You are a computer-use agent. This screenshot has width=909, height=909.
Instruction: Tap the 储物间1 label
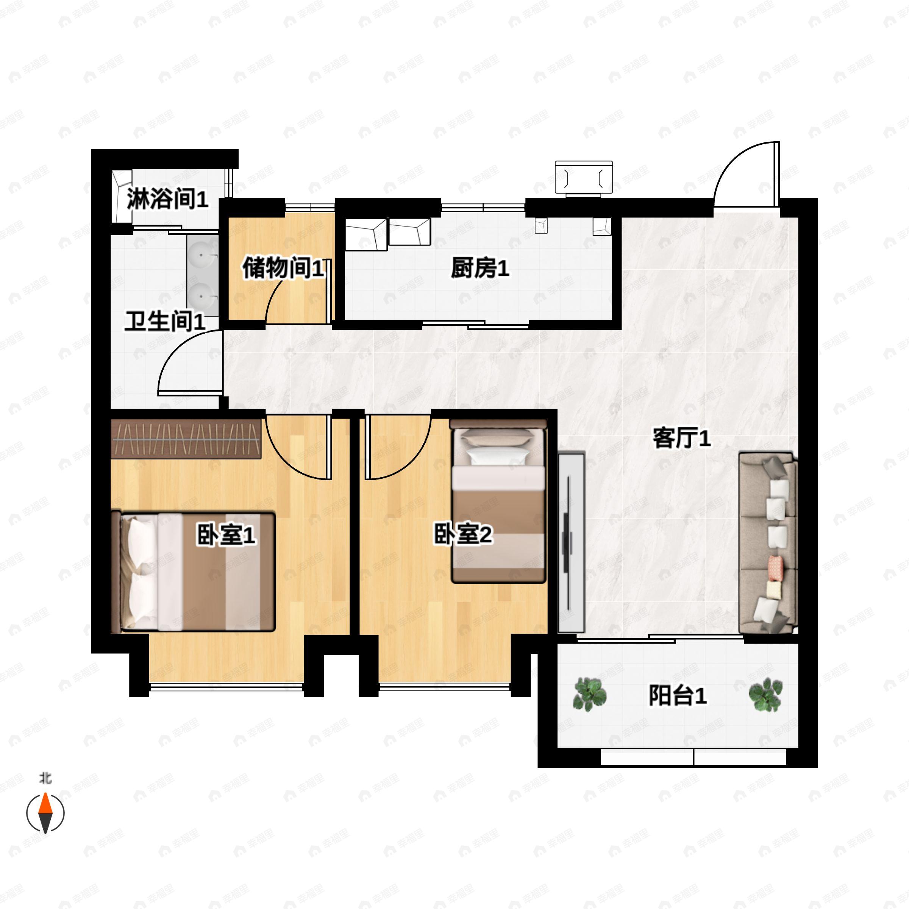283,268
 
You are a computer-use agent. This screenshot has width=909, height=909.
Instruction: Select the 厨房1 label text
480,268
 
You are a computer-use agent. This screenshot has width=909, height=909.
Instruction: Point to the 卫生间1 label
165,322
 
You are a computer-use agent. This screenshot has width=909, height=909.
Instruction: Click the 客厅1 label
682,438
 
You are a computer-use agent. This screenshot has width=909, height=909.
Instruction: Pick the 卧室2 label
463,535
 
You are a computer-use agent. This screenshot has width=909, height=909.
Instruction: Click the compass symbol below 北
45,813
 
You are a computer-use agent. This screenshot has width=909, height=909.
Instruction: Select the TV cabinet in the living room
571,542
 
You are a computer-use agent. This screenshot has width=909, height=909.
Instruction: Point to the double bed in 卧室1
193,572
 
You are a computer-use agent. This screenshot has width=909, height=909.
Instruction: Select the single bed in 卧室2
499,501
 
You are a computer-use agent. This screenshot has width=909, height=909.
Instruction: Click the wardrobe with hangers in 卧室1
186,439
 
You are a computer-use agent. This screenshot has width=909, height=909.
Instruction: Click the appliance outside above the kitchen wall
584,177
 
